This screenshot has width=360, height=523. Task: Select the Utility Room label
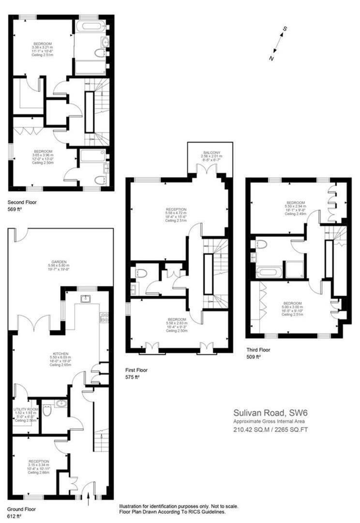pyautogui.click(x=23, y=409)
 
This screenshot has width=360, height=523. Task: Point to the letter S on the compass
pyautogui.click(x=285, y=29)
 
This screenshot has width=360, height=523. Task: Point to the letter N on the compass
pyautogui.click(x=271, y=59)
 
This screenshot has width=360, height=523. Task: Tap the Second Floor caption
pyautogui.click(x=22, y=202)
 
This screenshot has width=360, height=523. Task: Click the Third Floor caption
pyautogui.click(x=258, y=349)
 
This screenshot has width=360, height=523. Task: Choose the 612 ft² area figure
pyautogui.click(x=15, y=516)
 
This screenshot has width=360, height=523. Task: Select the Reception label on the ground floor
pyautogui.click(x=39, y=461)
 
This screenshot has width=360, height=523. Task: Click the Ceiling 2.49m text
pyautogui.click(x=296, y=214)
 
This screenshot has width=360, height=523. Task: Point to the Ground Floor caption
pyautogui.click(x=22, y=509)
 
